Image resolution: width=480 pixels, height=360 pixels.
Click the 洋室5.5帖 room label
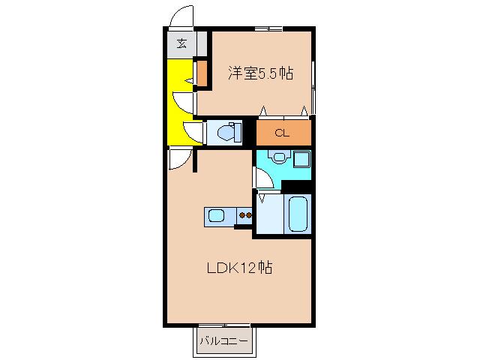[x=261, y=73]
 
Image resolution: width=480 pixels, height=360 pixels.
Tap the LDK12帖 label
[x=240, y=268]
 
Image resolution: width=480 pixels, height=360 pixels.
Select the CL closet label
[x=282, y=133]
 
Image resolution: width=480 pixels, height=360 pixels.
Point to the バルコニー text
[x=223, y=340]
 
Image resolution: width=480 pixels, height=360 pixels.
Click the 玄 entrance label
[x=181, y=43]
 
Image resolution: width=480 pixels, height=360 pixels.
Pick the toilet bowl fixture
[x=229, y=133]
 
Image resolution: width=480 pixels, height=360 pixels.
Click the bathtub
[x=298, y=214]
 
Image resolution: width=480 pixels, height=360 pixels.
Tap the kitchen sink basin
[x=217, y=215]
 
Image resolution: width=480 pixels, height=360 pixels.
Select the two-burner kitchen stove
[x=245, y=215]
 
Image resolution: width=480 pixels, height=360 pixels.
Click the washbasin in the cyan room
[x=279, y=157]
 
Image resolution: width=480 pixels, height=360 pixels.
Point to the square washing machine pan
[x=301, y=159]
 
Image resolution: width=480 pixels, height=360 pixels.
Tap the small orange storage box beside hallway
[x=202, y=73]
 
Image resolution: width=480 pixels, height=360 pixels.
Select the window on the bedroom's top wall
[x=268, y=29]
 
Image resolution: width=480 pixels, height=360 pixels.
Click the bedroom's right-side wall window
[x=313, y=87]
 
